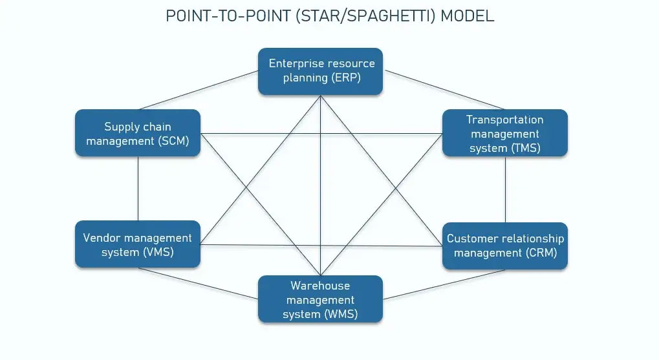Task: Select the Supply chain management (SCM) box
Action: [x=138, y=132]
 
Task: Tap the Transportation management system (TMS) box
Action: [x=504, y=132]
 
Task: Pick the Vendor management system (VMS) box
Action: [x=138, y=244]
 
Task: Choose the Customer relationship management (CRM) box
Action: [x=504, y=246]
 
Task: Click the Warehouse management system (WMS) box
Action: [x=320, y=299]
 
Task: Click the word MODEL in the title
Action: [x=467, y=16]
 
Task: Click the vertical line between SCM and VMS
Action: [x=138, y=187]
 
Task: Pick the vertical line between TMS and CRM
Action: [x=505, y=189]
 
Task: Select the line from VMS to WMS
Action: [x=197, y=284]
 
